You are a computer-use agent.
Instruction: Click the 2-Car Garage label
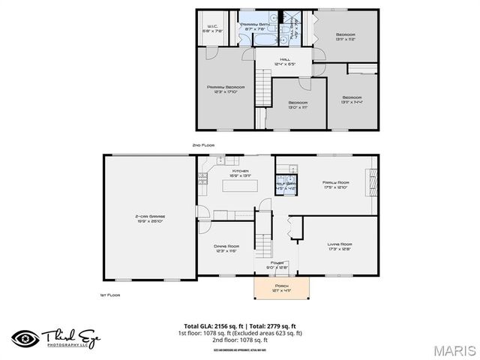pos(151,218)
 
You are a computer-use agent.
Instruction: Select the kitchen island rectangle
pos(240,185)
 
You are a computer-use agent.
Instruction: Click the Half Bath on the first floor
pos(286,185)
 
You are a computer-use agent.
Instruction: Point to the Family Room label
pos(337,184)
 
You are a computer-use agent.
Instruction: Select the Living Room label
pos(340,246)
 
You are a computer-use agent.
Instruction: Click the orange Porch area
pos(281,286)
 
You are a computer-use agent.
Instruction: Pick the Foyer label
pos(277,264)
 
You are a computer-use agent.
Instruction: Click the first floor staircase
pos(262,240)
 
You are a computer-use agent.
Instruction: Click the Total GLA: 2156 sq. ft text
pos(212,325)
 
